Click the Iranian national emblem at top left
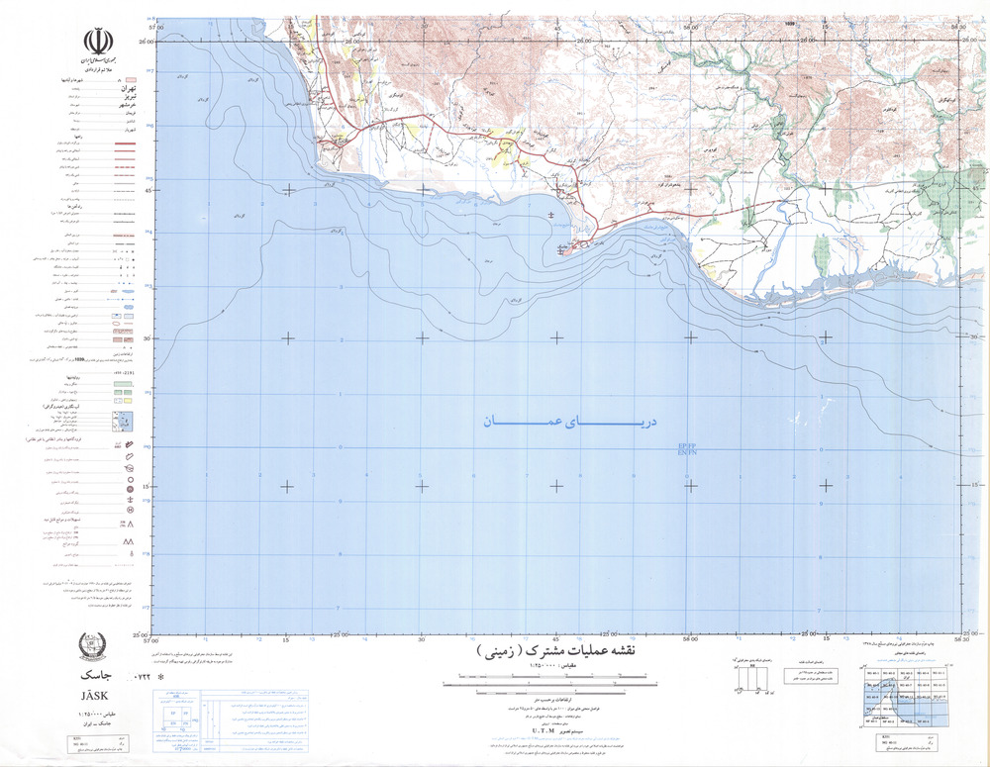click(96, 41)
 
